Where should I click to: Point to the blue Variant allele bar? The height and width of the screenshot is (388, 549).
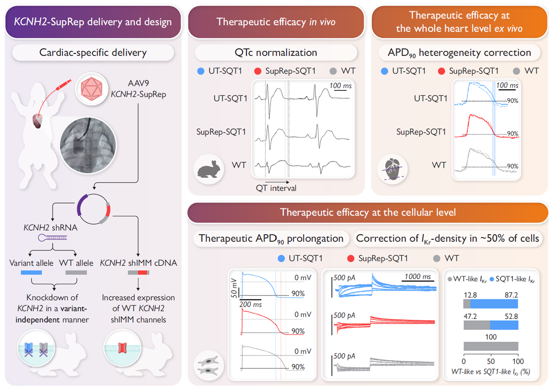(31, 273)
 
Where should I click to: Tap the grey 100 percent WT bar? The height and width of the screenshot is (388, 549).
(490, 347)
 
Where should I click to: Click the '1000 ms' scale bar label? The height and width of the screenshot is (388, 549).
(416, 276)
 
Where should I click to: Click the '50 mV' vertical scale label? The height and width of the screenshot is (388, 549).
(235, 288)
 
